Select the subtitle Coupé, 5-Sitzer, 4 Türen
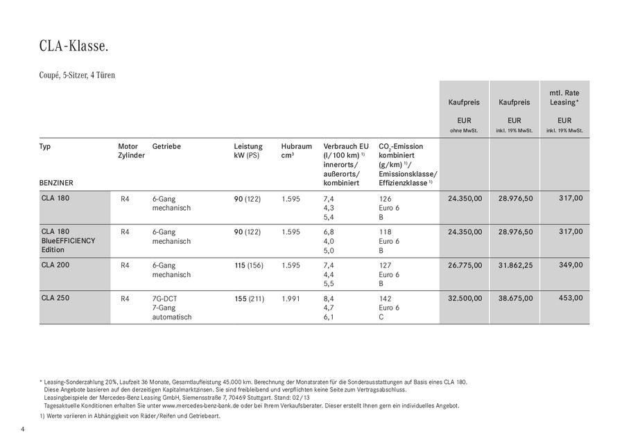[x=77, y=75]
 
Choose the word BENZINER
[x=57, y=182]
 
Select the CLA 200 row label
[x=55, y=265]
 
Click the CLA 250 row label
[x=55, y=298]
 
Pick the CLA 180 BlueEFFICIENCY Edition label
[x=67, y=240]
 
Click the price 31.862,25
[x=515, y=265]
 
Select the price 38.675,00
[x=515, y=298]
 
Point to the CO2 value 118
[x=385, y=231]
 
